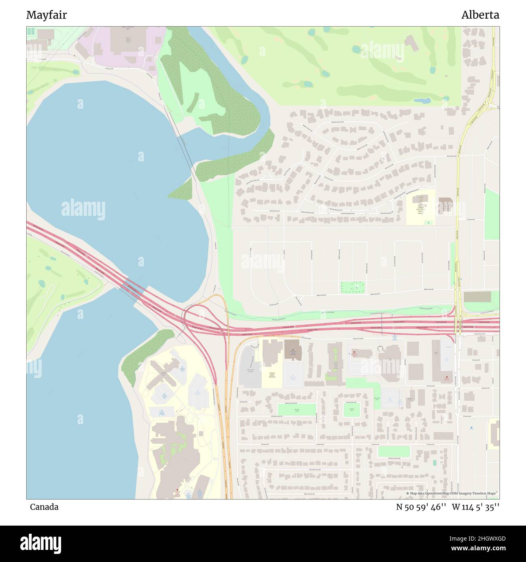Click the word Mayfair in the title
click(x=47, y=15)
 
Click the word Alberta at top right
click(x=480, y=15)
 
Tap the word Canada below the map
click(x=44, y=507)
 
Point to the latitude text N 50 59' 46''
click(x=421, y=507)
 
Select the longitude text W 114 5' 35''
click(x=475, y=507)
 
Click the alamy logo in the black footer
click(x=40, y=543)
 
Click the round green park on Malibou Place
click(x=352, y=409)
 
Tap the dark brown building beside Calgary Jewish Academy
click(x=293, y=349)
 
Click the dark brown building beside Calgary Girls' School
click(x=445, y=205)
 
